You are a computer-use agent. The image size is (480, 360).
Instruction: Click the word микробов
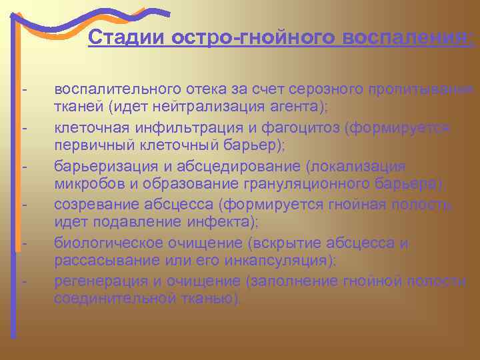pyautogui.click(x=83, y=184)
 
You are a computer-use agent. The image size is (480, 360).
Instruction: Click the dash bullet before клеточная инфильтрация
pyautogui.click(x=24, y=127)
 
